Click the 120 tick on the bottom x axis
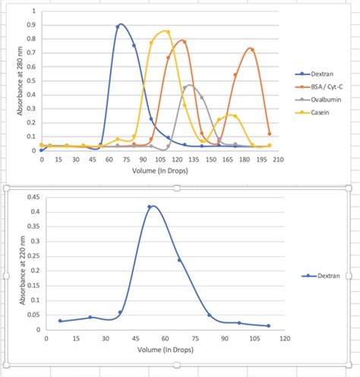coord(285,339)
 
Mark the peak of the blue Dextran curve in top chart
coord(121,24)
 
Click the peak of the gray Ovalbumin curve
coord(189,86)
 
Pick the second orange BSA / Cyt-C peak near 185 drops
coord(251,49)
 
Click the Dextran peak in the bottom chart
coord(151,206)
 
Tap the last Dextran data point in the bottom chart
coord(268,325)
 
